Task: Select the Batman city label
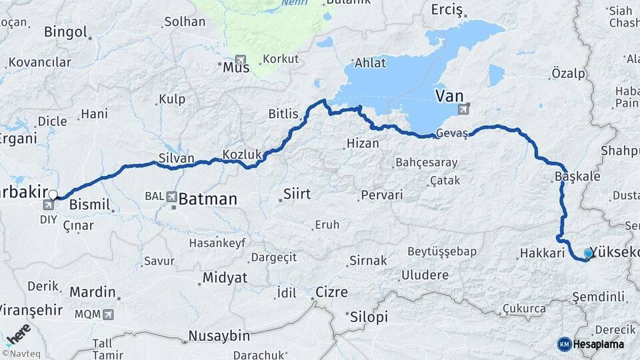pos(207,199)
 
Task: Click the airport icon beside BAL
pos(172,197)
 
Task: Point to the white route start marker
pos(53,195)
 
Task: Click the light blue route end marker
pos(588,253)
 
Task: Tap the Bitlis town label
pos(283,114)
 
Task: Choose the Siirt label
pos(297,194)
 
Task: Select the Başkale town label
pos(577,177)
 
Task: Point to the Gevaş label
pos(452,132)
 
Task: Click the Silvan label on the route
pos(176,158)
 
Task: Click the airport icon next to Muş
pos(240,59)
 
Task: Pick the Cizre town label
pos(331,291)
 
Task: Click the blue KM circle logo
pos(565,344)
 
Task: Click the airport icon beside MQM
pos(108,313)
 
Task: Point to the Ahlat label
pos(371,63)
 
